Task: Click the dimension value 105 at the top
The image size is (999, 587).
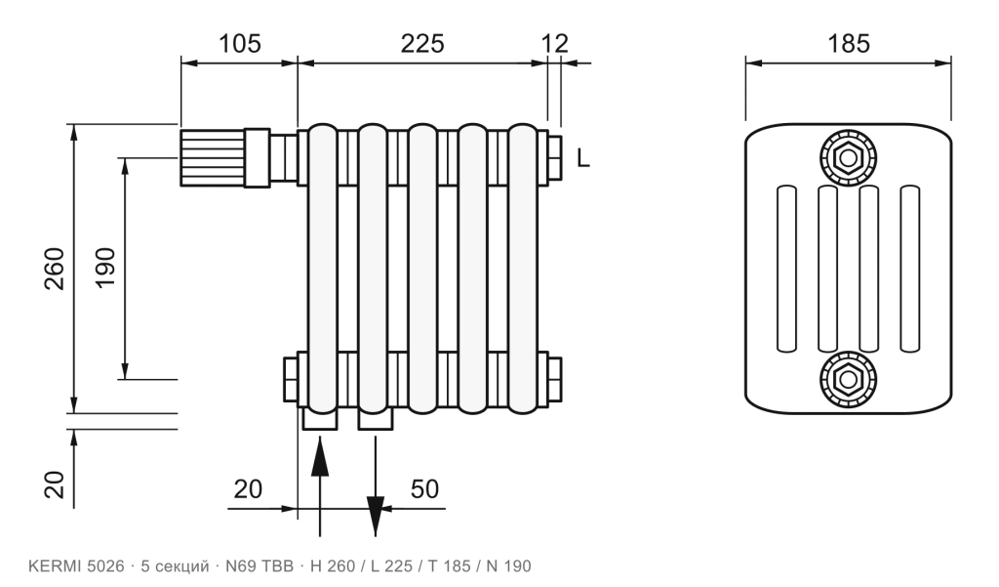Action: click(240, 43)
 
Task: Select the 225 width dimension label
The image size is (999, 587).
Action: click(421, 43)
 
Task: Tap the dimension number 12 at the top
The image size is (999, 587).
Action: click(554, 43)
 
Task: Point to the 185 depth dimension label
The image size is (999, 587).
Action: click(848, 43)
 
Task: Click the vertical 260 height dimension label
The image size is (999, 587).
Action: click(55, 269)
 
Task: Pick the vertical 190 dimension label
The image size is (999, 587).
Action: click(105, 268)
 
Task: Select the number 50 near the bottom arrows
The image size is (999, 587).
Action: click(424, 489)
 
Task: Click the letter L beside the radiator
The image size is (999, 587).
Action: click(583, 157)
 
